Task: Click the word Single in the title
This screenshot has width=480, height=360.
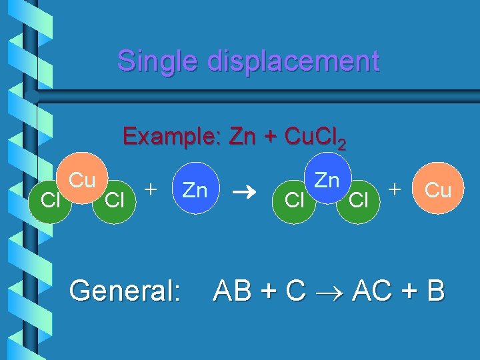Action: (157, 61)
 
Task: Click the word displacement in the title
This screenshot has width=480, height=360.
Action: (293, 61)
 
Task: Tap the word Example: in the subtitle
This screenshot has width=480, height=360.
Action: (172, 137)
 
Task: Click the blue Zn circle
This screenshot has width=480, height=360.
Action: (195, 191)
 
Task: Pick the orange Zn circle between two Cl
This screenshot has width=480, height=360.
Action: (327, 180)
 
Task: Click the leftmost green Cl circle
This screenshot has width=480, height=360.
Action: (49, 199)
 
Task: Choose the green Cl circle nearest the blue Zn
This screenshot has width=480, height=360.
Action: (116, 199)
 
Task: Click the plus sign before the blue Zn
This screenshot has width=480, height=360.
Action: (152, 189)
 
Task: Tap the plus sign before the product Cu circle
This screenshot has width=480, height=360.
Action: (396, 189)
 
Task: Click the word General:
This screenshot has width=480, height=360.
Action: (125, 291)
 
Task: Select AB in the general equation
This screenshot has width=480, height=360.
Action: (233, 291)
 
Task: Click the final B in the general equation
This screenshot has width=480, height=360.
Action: (435, 291)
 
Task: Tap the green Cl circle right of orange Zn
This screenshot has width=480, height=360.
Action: (359, 199)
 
